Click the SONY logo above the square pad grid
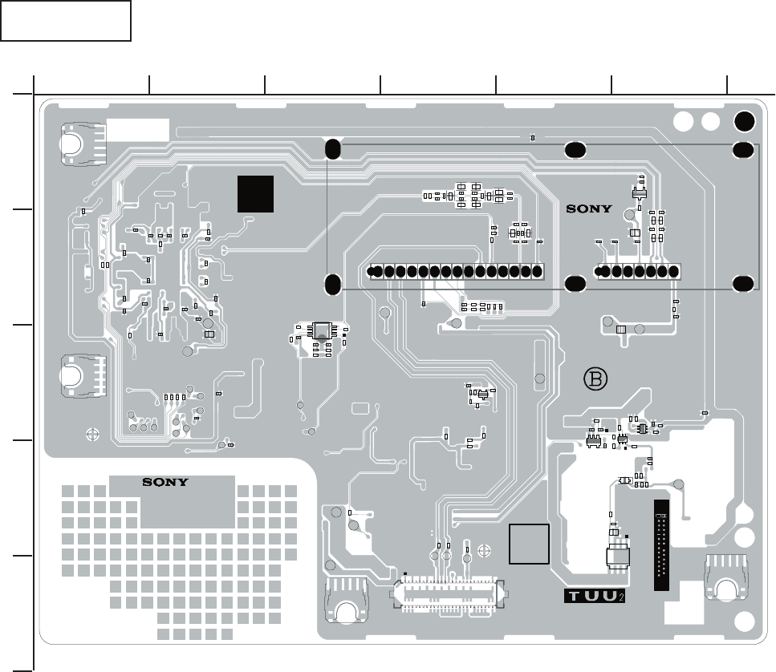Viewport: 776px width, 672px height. coord(165,482)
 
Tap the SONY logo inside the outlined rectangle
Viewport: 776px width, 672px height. coord(590,208)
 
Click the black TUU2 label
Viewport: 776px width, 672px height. coord(594,597)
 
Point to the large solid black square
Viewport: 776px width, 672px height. coord(255,193)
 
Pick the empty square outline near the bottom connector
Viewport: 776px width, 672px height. coord(529,544)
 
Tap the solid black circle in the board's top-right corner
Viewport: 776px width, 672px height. coord(745,121)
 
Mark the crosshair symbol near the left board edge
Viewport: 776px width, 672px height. coord(91,433)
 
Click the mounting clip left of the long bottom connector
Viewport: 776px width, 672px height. coord(346,602)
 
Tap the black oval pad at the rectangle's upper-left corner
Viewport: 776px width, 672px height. coord(333,148)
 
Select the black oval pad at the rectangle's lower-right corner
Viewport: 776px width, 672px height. coord(743,283)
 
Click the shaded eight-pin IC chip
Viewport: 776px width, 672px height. coord(321,330)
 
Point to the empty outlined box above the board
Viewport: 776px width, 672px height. coord(66,20)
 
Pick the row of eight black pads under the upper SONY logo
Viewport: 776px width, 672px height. coord(639,271)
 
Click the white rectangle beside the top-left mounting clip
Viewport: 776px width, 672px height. coord(138,128)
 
